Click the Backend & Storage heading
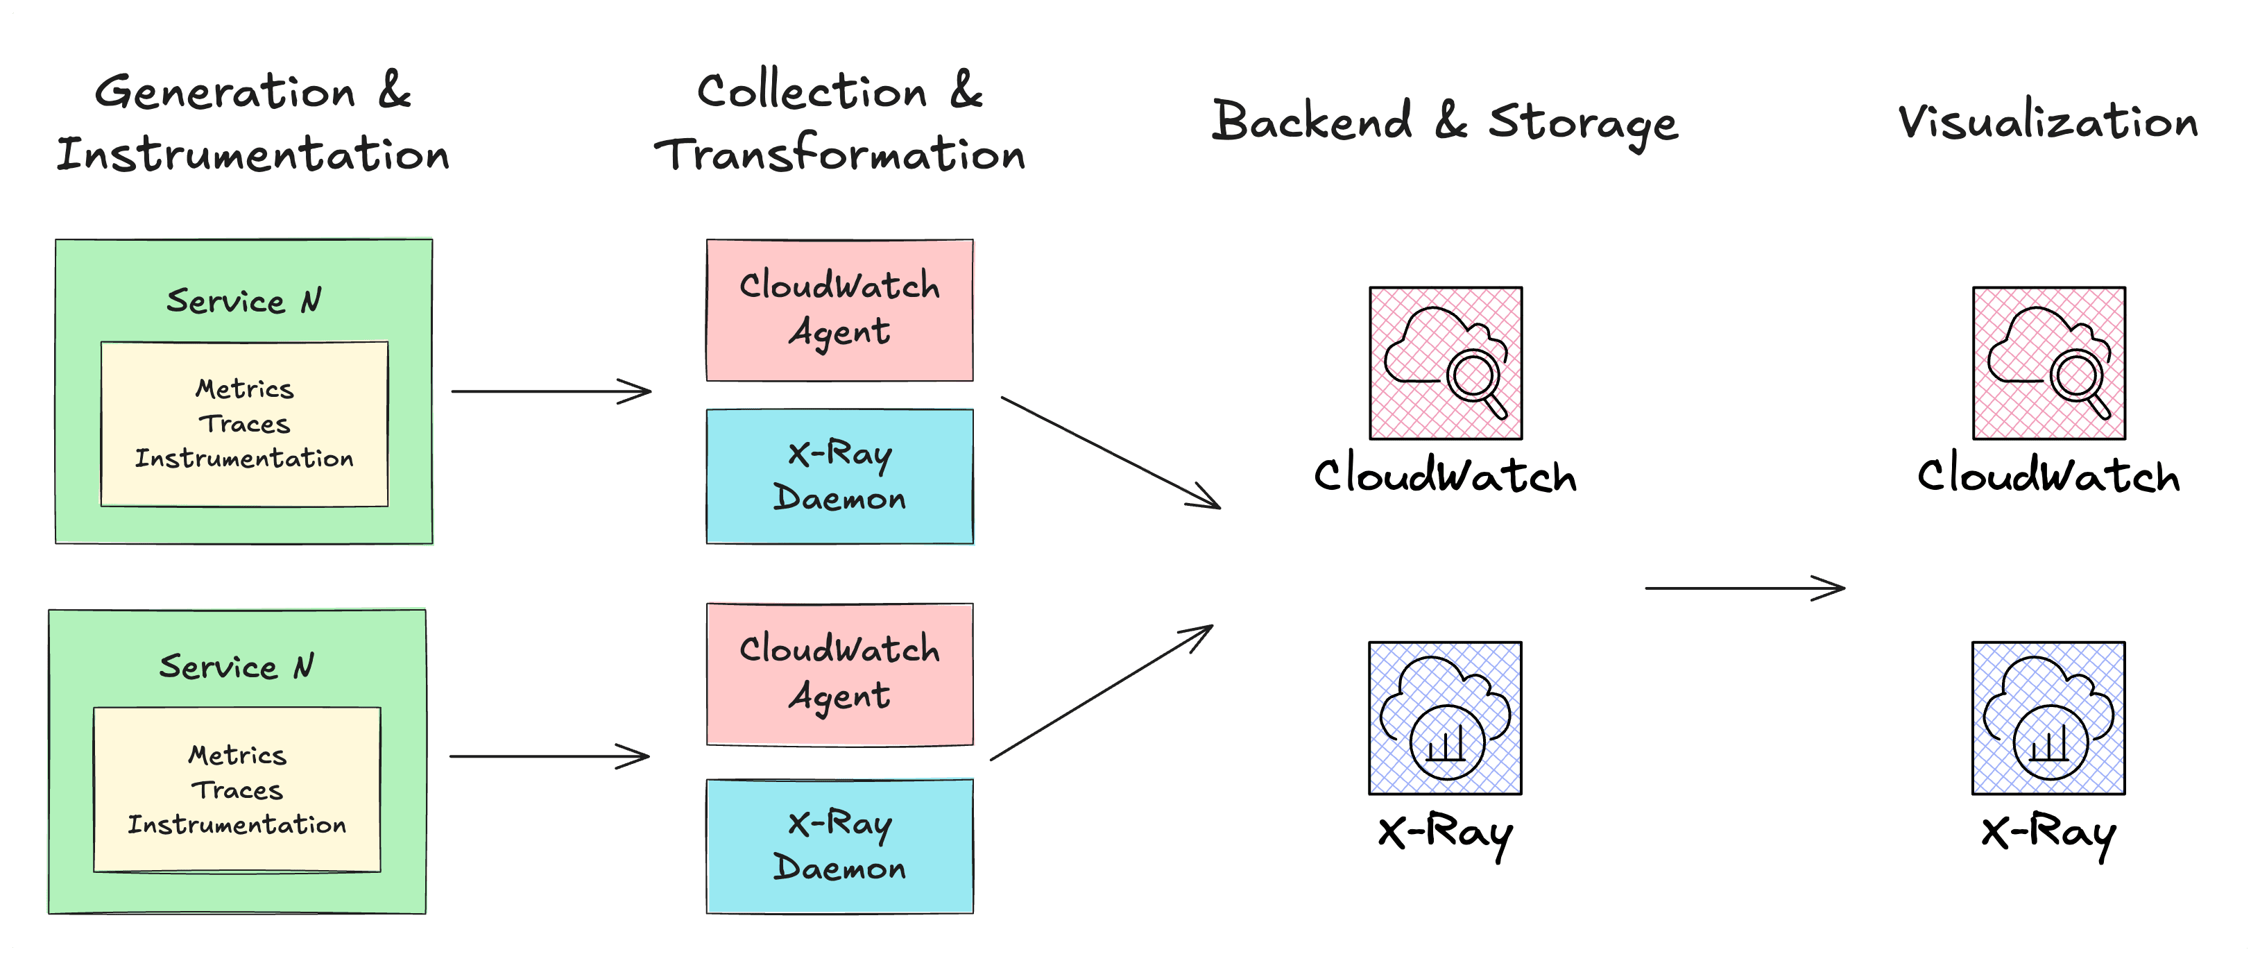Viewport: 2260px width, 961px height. (x=1444, y=122)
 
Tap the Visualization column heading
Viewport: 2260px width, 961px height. (x=2048, y=122)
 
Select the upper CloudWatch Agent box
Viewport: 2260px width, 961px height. (x=839, y=309)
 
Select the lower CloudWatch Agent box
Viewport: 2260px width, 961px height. (x=839, y=674)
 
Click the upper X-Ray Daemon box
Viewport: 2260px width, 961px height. (x=839, y=476)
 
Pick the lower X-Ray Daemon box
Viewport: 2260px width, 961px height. (x=839, y=846)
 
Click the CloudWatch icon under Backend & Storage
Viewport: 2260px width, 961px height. (x=1446, y=362)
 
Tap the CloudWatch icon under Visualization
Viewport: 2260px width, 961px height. (x=2048, y=362)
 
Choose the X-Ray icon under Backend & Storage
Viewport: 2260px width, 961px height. (x=1445, y=718)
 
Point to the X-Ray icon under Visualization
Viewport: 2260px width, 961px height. (x=2048, y=718)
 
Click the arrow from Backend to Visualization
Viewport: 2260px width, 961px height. (x=1744, y=588)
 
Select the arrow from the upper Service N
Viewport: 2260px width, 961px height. (x=551, y=391)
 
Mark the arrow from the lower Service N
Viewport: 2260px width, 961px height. (x=549, y=756)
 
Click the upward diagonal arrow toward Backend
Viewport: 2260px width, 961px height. (x=1101, y=692)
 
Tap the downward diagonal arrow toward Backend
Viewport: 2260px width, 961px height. (x=1110, y=452)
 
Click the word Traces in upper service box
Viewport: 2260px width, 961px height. (x=244, y=424)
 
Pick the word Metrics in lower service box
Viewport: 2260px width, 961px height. (x=237, y=755)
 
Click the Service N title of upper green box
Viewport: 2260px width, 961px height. (x=244, y=301)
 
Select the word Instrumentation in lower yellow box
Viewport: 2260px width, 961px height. (x=237, y=825)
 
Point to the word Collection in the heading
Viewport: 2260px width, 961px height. (x=812, y=92)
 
